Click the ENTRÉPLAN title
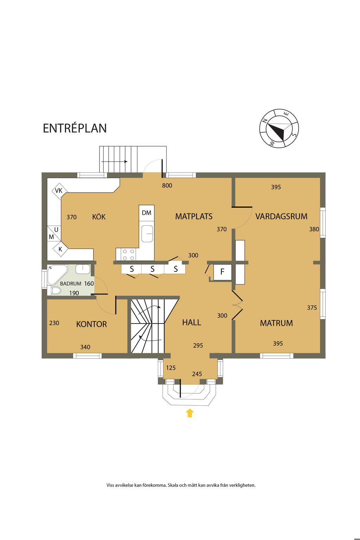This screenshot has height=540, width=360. (x=75, y=128)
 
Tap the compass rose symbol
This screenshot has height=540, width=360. (x=279, y=128)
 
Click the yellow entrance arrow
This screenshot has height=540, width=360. (x=190, y=413)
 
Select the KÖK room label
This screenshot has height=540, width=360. (x=99, y=217)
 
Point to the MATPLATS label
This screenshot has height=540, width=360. (x=194, y=216)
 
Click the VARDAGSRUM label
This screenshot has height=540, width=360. (x=281, y=216)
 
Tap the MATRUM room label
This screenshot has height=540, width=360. (x=276, y=323)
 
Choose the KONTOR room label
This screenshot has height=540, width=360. (x=91, y=324)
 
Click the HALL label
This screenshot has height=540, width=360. (x=192, y=322)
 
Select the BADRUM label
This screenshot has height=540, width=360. (x=71, y=284)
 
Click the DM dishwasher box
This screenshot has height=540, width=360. (x=147, y=213)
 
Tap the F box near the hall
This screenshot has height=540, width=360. (x=222, y=272)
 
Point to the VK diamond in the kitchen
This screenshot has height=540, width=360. (x=59, y=191)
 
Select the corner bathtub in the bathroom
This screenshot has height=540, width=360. (x=57, y=275)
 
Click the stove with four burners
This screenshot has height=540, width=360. (x=126, y=254)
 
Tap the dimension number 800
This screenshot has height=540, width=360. (x=167, y=185)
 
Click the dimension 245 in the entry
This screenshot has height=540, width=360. (x=197, y=374)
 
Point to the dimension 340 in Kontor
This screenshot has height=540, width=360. (x=85, y=347)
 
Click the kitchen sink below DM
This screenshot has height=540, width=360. (x=147, y=233)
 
